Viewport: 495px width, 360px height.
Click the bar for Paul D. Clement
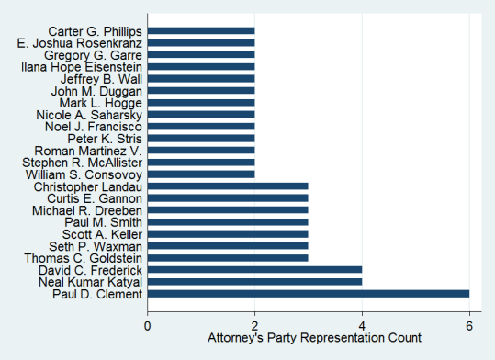tap(308, 294)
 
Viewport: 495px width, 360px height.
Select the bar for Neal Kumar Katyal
tap(254, 282)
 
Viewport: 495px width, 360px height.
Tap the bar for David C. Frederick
tap(254, 270)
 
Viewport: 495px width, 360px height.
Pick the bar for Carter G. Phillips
tap(201, 30)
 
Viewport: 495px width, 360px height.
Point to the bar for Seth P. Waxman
tap(228, 246)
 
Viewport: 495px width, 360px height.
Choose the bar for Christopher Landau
tap(228, 186)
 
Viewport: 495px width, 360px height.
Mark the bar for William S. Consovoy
tap(201, 174)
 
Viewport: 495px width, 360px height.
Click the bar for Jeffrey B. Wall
tap(201, 78)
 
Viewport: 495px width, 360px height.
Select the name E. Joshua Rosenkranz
tap(80, 42)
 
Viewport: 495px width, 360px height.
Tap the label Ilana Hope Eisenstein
tap(82, 66)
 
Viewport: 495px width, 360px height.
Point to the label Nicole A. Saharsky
tap(89, 115)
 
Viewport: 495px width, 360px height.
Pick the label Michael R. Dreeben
tap(88, 210)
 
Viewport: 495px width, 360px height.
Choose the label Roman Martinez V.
tap(88, 151)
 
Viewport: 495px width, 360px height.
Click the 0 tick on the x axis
tap(148, 323)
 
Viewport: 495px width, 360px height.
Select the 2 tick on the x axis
tap(254, 323)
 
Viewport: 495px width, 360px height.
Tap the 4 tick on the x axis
tap(362, 323)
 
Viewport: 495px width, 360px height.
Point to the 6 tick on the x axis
tap(469, 323)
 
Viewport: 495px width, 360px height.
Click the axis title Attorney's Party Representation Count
tap(308, 339)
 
